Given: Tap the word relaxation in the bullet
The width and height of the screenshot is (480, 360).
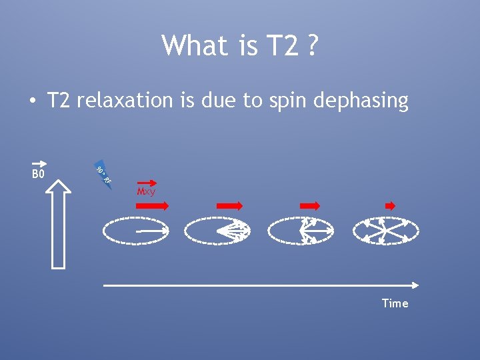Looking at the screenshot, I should click(x=125, y=100).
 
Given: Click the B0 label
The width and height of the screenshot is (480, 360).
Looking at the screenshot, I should click(x=38, y=175).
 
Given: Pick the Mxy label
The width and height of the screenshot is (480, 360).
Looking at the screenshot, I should click(x=146, y=192).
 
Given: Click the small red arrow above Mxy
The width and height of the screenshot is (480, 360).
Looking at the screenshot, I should click(x=146, y=181).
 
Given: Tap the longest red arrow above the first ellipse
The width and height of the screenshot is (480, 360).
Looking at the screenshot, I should click(x=153, y=206).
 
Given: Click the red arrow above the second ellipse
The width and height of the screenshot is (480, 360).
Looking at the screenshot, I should click(x=229, y=206).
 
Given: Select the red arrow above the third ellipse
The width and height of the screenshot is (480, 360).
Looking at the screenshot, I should click(x=310, y=206).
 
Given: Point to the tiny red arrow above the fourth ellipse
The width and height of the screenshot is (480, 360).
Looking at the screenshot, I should click(x=390, y=206).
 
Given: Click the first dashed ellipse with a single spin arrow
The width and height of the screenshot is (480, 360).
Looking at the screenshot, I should click(x=136, y=231).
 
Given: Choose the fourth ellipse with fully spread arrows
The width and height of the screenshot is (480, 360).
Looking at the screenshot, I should click(x=385, y=231).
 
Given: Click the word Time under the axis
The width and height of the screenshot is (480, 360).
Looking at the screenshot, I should click(x=395, y=303).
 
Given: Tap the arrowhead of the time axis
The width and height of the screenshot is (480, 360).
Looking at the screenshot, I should click(x=415, y=285).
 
